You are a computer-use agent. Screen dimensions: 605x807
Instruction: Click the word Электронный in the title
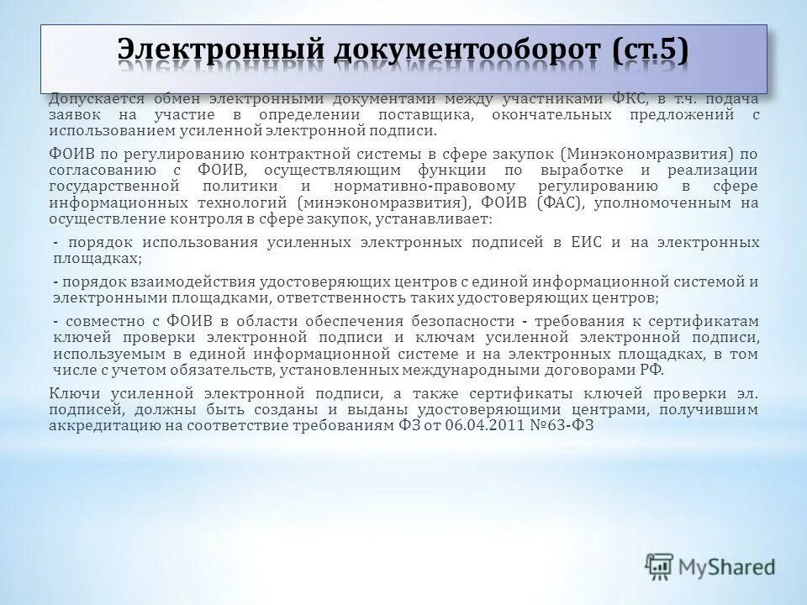[x=209, y=50]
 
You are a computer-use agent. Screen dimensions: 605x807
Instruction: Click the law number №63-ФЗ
[x=569, y=425]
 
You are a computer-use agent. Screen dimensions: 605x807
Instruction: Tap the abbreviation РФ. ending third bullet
[x=651, y=371]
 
